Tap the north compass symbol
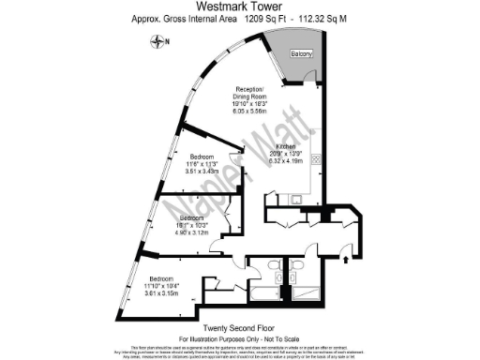(162, 41)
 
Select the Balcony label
(301, 54)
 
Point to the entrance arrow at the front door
(349, 251)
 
